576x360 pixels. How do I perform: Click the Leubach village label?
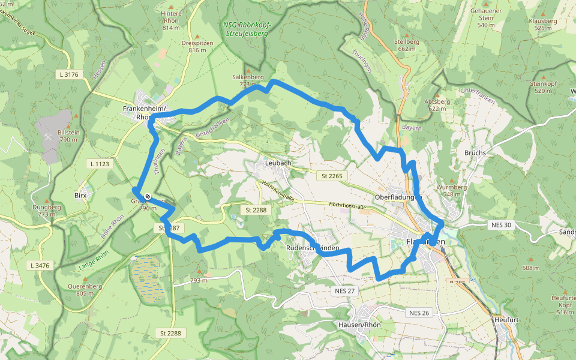click(x=278, y=163)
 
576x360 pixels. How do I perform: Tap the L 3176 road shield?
click(x=70, y=74)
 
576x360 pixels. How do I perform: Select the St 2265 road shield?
click(x=331, y=176)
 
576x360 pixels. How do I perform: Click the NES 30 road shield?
click(x=500, y=225)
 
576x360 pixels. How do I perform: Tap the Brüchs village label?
click(x=475, y=152)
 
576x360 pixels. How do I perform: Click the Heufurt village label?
click(x=506, y=320)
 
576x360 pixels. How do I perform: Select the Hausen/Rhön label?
click(x=360, y=325)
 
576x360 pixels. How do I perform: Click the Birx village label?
click(x=81, y=196)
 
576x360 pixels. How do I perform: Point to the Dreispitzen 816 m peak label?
click(x=197, y=46)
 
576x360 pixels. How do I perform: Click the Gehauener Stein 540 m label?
click(x=485, y=21)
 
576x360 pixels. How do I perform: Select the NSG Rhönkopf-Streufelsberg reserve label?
click(x=247, y=29)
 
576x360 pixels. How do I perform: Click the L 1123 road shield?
click(x=100, y=164)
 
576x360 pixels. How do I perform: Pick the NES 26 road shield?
click(x=419, y=313)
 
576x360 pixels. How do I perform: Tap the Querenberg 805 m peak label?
click(x=85, y=289)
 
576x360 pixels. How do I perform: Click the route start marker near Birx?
click(x=148, y=195)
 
